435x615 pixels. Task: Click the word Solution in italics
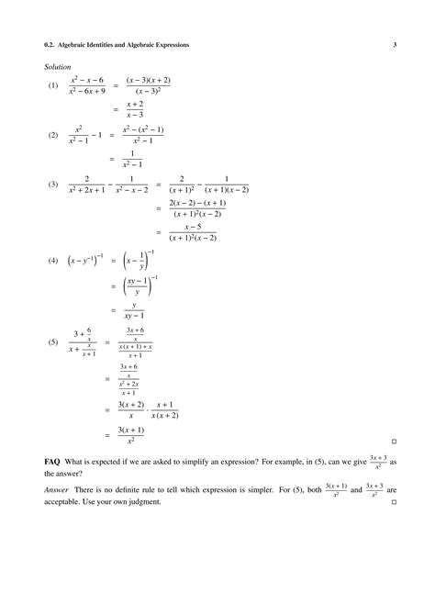tap(57, 67)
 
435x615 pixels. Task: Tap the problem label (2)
tap(53, 135)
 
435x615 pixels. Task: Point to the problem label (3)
tap(53, 184)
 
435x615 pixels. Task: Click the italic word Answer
tap(56, 490)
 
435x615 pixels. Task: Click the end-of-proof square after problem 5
tap(393, 441)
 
